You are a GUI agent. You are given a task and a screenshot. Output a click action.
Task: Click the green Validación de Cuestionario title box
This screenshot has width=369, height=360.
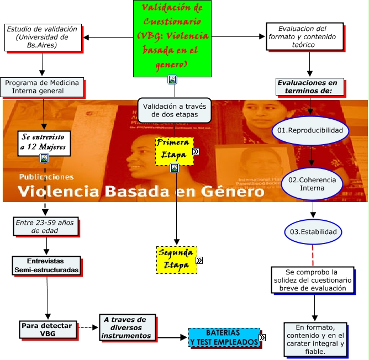point(172,38)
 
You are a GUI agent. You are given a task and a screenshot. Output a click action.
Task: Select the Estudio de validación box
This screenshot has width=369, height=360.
point(43,37)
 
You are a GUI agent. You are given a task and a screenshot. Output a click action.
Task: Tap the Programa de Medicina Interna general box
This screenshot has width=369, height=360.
point(42,87)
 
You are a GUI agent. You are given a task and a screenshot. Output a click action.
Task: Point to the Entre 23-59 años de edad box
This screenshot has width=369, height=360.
point(45,226)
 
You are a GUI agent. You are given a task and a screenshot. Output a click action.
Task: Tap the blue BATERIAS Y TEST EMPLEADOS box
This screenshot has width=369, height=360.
point(223,337)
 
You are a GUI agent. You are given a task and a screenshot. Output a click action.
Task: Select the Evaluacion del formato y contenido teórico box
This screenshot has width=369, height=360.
point(304,36)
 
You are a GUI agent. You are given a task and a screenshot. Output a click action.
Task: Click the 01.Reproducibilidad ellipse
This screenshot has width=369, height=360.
point(312,131)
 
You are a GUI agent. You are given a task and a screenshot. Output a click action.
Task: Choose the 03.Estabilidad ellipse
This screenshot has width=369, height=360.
point(313,231)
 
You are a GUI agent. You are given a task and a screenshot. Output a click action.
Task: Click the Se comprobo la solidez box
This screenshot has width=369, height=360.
point(313,280)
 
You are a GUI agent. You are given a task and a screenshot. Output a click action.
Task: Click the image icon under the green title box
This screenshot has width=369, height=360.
point(172,80)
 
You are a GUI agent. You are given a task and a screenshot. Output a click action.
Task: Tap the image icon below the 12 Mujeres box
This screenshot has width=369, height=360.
point(44,158)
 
